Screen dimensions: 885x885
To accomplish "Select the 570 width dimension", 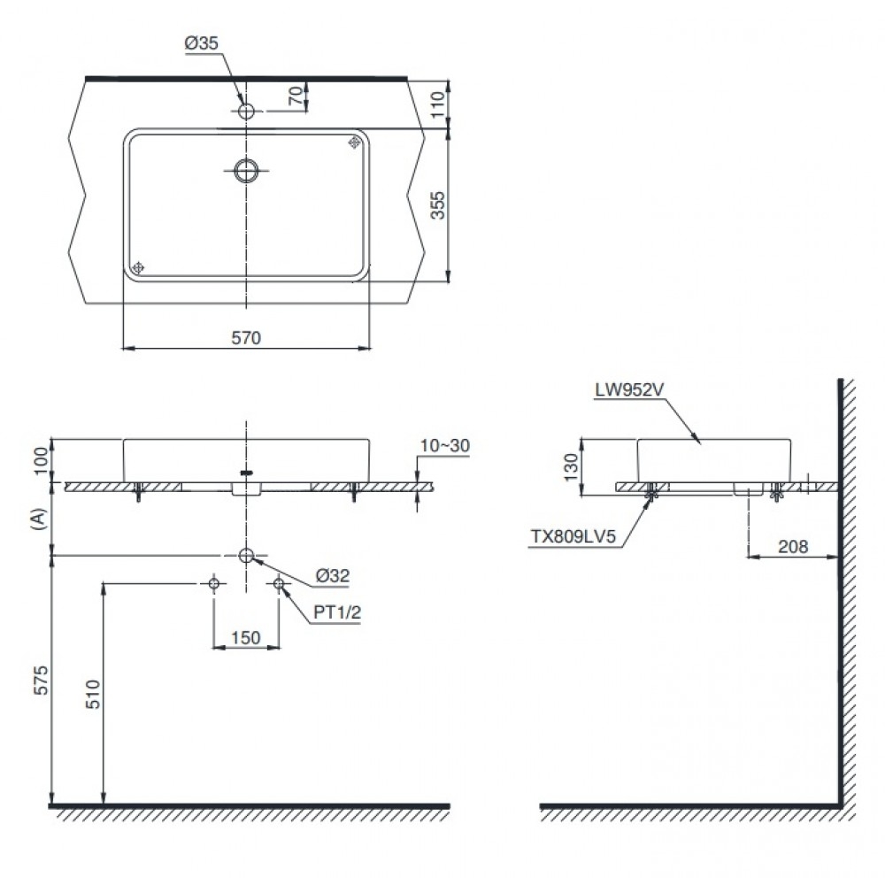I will (246, 336).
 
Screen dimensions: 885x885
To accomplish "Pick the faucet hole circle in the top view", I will (246, 111).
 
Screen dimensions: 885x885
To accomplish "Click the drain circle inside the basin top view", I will (247, 170).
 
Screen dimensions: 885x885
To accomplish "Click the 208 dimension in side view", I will (793, 547).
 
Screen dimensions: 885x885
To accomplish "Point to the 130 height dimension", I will (571, 461).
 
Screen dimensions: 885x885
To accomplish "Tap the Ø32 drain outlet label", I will (333, 575).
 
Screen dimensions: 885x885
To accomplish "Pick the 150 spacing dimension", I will (246, 637).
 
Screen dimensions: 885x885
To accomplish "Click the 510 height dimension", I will (91, 698).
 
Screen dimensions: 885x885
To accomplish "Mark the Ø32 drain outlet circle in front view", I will (246, 555).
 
